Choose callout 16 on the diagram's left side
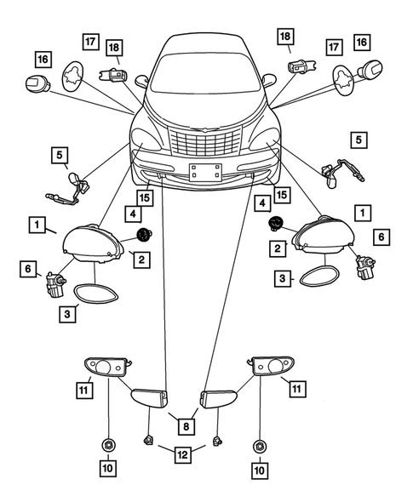point(41,59)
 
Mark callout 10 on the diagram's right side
point(259,468)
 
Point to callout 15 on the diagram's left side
point(146,197)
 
